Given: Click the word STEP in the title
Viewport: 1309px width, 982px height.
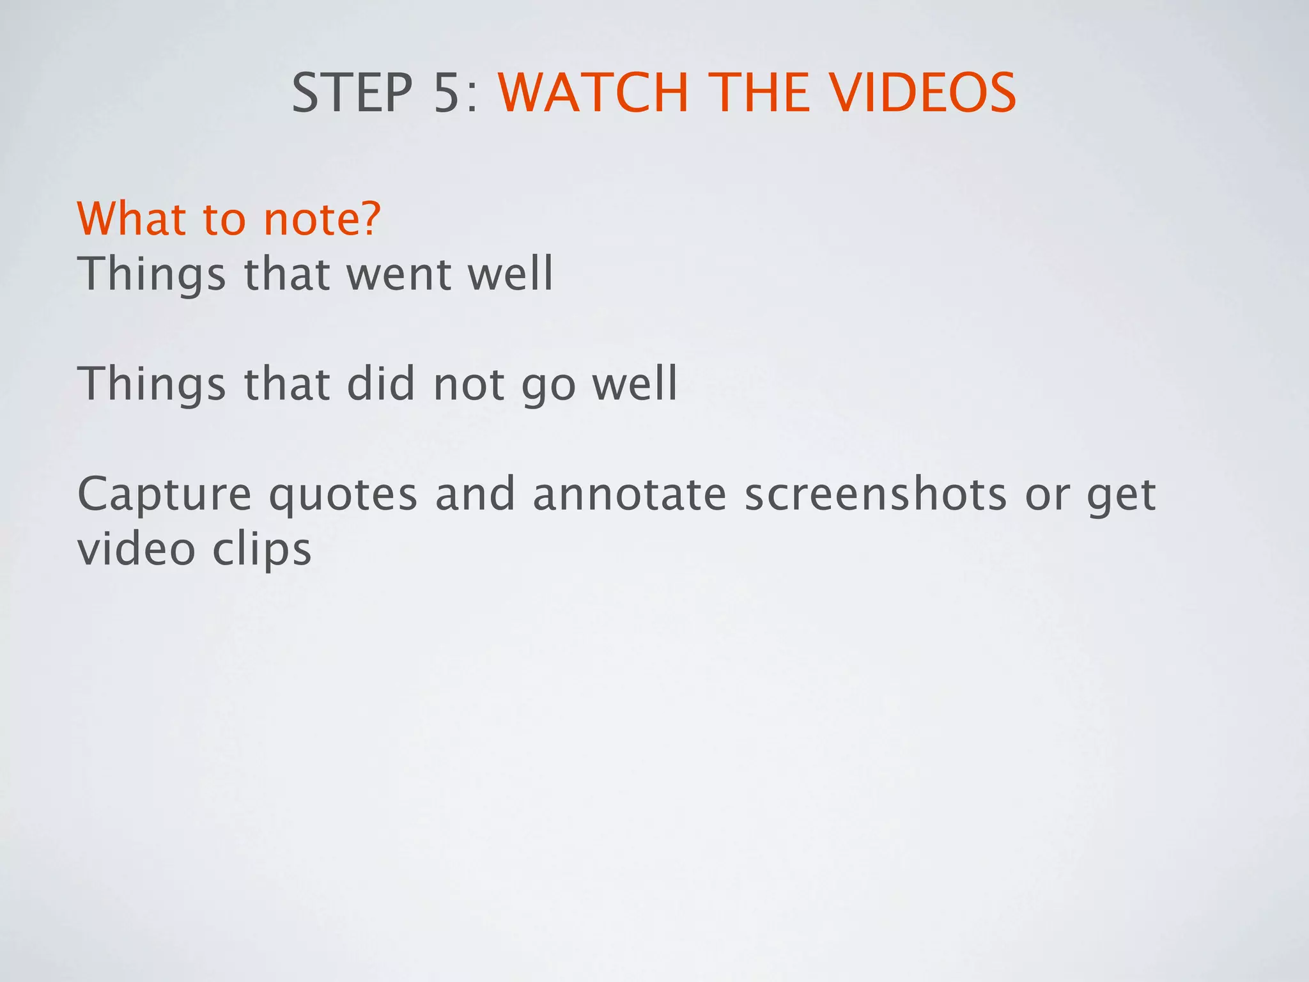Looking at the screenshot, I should click(352, 93).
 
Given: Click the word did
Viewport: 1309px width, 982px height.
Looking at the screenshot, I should click(380, 384).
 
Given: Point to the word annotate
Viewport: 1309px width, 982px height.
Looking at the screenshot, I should click(629, 494).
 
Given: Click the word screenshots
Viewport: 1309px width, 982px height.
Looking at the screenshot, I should click(876, 494).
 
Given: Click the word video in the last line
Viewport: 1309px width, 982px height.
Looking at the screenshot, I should click(136, 549).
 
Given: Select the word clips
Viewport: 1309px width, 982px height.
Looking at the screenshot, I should click(262, 550).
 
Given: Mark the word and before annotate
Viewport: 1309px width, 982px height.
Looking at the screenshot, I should click(475, 494).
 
